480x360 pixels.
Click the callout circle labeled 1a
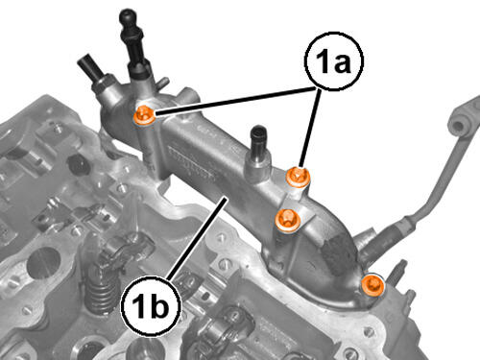pos(333,60)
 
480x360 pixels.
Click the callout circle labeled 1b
pos(151,306)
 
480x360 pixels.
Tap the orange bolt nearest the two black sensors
pos(144,115)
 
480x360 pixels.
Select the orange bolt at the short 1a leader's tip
pos(298,177)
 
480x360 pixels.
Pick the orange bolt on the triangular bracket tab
pos(288,221)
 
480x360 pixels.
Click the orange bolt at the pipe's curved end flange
pos(372,284)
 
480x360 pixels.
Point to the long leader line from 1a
pos(234,100)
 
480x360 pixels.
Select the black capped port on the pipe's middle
pos(259,136)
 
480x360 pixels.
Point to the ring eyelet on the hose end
pos(459,124)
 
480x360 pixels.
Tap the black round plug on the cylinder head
pos(78,165)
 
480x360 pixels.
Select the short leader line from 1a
pos(309,127)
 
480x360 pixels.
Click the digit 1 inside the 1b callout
pos(138,306)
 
